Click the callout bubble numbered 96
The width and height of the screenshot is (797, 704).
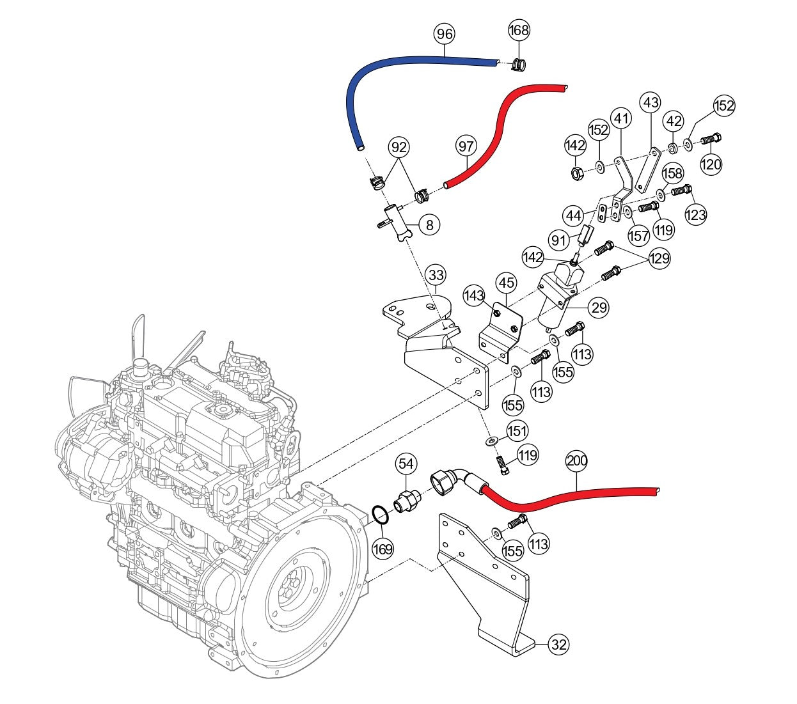[444, 34]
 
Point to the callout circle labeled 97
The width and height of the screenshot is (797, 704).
[466, 146]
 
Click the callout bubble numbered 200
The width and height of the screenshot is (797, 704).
[577, 460]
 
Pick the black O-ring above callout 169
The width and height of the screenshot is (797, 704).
[380, 515]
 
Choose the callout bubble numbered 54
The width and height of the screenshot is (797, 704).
[407, 463]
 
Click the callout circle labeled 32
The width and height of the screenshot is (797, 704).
[558, 645]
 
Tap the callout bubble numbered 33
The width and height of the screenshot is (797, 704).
[436, 276]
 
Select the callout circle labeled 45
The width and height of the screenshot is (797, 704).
[507, 283]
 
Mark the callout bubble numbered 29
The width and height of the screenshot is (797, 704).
[599, 308]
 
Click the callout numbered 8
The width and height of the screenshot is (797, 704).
[429, 224]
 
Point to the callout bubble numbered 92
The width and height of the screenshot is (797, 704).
[399, 148]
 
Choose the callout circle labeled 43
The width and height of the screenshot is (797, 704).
[651, 102]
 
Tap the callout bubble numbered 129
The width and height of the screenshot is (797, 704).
[659, 258]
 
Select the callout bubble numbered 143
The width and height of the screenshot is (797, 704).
[474, 295]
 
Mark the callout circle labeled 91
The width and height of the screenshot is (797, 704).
[559, 240]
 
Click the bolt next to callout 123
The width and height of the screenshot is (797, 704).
[682, 189]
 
